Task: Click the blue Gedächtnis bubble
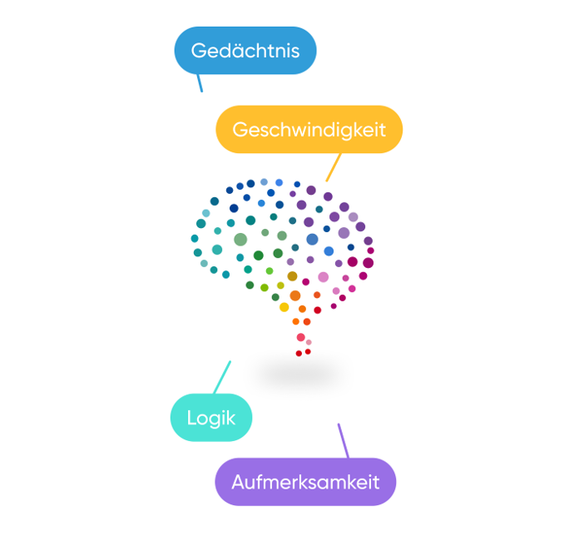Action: click(x=245, y=51)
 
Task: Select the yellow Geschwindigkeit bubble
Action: click(x=309, y=129)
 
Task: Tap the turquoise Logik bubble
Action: click(x=211, y=418)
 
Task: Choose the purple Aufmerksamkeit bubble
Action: click(x=305, y=482)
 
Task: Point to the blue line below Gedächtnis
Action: click(x=200, y=82)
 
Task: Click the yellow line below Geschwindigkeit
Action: click(x=334, y=167)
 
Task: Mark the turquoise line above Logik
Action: click(x=222, y=377)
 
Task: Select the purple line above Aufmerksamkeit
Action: click(x=344, y=441)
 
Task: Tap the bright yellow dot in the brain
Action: click(x=284, y=307)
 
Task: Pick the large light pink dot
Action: click(x=324, y=277)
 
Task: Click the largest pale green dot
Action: click(x=240, y=240)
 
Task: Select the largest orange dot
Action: click(x=295, y=295)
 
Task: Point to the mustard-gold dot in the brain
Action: click(x=292, y=276)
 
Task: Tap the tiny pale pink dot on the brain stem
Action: click(x=309, y=342)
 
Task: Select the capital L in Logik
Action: click(x=191, y=418)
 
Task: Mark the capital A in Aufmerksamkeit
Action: click(x=238, y=482)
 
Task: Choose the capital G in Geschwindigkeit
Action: click(x=240, y=129)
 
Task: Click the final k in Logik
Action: click(x=231, y=418)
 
